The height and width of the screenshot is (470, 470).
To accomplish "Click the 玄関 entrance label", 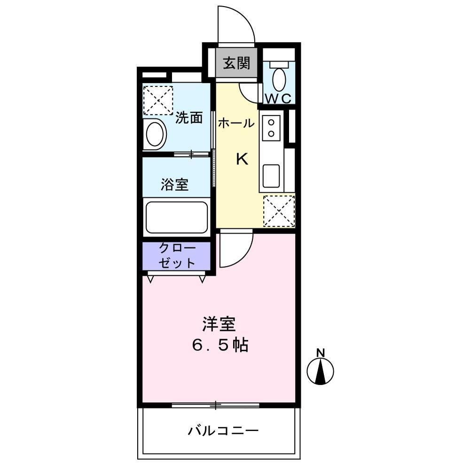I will (236, 63).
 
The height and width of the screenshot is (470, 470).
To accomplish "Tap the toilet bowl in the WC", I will (279, 79).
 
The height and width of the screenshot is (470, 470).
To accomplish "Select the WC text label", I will (279, 99).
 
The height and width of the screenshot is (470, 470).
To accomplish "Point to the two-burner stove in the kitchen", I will (271, 127).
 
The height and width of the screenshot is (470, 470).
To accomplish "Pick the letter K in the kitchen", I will (242, 160).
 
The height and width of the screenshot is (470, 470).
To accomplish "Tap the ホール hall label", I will (235, 124).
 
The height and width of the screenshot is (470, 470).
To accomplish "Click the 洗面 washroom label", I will (189, 118).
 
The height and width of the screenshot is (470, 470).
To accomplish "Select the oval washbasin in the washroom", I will (155, 134).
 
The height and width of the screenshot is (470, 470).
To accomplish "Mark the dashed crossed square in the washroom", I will (158, 100).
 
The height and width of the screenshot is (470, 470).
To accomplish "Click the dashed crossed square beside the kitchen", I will (279, 211).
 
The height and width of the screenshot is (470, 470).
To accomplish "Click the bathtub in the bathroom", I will (176, 217).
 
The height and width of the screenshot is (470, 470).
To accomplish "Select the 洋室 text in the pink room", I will (219, 324).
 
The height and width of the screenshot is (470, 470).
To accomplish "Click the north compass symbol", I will (321, 370).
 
